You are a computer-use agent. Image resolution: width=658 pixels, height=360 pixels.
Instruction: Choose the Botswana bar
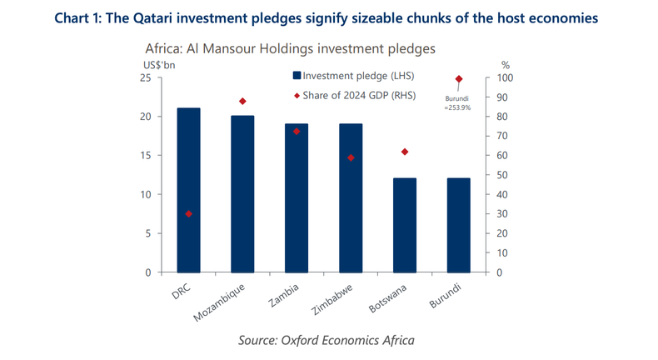click(x=405, y=225)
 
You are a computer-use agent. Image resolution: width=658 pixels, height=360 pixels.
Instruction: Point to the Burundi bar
click(x=458, y=225)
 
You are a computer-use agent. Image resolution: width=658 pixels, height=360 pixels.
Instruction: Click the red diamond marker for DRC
click(x=188, y=214)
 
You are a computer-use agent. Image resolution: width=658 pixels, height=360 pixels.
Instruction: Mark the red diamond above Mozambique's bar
click(x=242, y=102)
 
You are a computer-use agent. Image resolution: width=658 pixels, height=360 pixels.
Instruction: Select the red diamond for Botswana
click(x=405, y=152)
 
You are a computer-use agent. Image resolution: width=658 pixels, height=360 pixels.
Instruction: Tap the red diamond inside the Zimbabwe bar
click(x=351, y=157)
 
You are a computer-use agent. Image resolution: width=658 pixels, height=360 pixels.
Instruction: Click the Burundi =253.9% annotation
click(x=458, y=102)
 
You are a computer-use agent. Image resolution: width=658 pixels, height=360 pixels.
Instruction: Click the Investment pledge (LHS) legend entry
click(x=352, y=76)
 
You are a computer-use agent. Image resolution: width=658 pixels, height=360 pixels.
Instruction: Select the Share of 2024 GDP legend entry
click(x=352, y=96)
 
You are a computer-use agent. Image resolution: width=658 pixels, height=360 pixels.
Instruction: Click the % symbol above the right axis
click(x=505, y=64)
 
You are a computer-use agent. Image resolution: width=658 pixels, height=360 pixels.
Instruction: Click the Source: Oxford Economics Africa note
click(x=326, y=340)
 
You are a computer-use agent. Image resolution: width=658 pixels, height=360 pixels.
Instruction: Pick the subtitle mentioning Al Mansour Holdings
click(x=290, y=48)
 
